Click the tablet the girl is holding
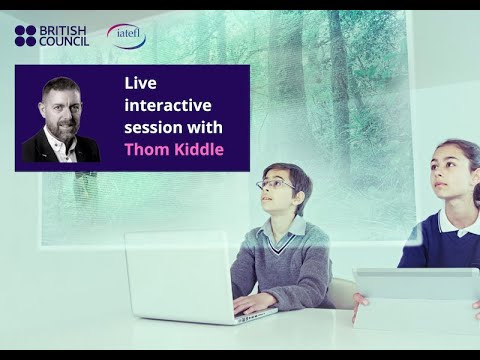tap(415, 296)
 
